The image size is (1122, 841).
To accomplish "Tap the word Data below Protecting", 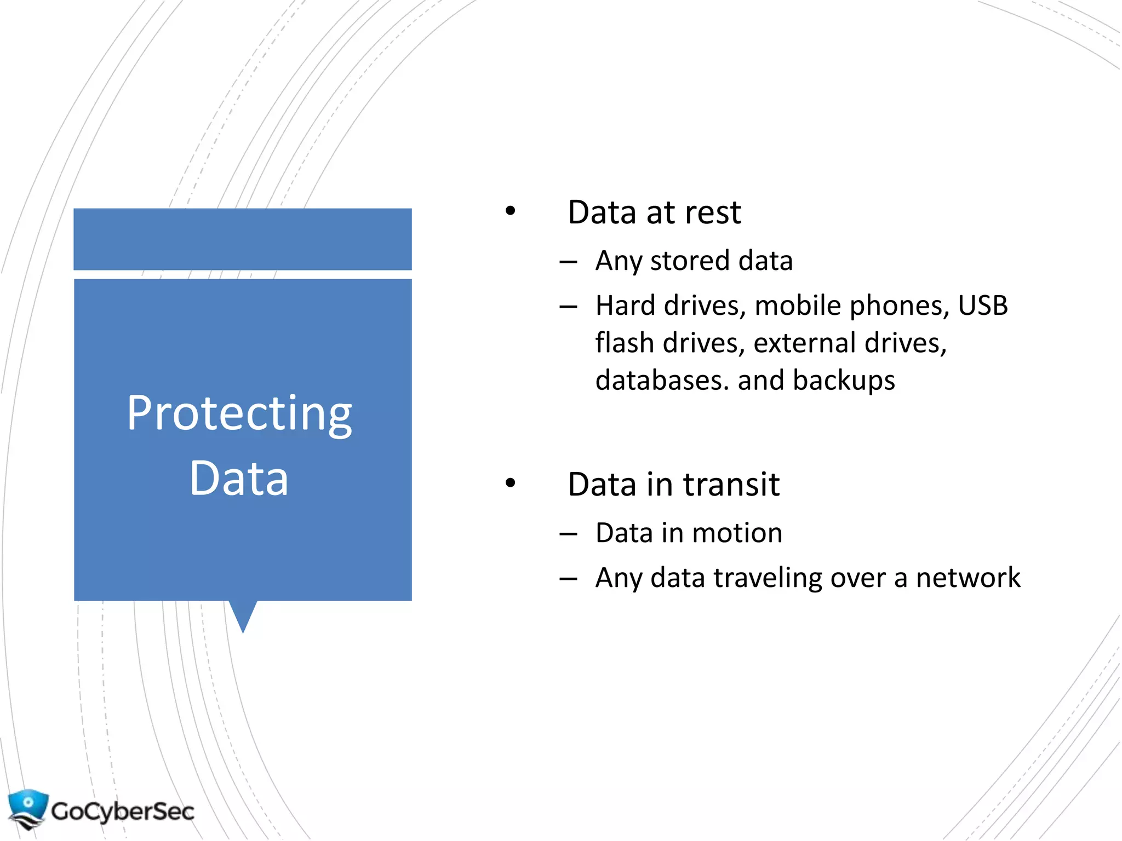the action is coord(239,479).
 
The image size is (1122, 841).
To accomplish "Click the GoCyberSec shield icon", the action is coord(27,809).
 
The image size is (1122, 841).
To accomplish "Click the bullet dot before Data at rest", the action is coord(511,211).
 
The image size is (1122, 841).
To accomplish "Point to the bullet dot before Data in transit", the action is coord(511,483).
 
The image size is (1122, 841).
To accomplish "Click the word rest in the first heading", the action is coord(712,212).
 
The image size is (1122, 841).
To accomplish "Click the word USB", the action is coord(982,306).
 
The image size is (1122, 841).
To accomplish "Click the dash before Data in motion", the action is coord(569,533).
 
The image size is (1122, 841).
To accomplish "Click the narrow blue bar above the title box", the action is coord(243,239).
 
